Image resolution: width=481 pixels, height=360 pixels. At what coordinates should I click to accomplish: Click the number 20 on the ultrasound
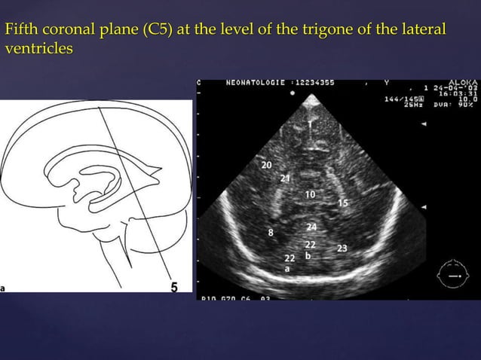click(267, 165)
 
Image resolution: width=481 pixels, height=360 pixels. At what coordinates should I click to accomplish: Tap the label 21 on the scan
click(285, 178)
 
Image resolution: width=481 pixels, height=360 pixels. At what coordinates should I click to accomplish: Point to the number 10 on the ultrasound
click(310, 194)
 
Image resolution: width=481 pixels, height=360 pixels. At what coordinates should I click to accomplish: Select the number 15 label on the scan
click(343, 203)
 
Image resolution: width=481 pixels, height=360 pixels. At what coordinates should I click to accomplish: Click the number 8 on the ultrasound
click(271, 233)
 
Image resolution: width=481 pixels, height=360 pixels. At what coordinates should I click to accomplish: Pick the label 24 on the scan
click(311, 227)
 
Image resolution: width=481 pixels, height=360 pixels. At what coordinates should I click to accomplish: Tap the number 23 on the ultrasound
click(342, 248)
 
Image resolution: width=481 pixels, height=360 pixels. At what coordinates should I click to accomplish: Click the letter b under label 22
click(307, 256)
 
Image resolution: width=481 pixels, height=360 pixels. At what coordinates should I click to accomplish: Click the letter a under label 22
click(286, 267)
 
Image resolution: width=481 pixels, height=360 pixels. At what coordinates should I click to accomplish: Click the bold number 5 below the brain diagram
click(174, 287)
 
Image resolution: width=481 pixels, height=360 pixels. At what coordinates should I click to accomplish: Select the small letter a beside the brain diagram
click(3, 287)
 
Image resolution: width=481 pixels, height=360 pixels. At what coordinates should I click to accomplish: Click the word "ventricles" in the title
click(38, 49)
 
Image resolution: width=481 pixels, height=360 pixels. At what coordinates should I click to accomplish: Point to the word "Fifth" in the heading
click(20, 31)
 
